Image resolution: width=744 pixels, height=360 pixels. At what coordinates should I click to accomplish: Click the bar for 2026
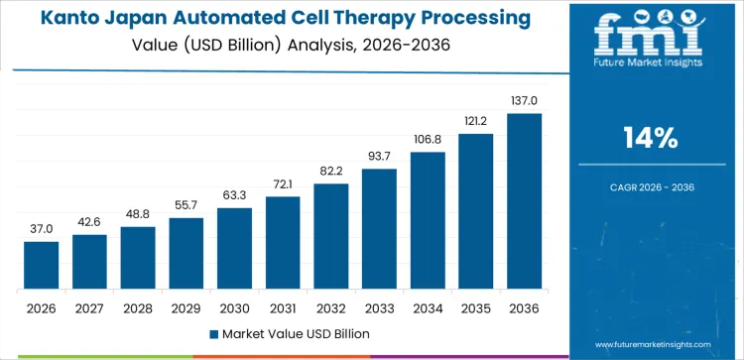42,266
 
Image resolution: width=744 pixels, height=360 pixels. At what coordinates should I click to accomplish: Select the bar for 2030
234,249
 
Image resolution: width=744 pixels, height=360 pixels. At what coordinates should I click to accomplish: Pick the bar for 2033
379,229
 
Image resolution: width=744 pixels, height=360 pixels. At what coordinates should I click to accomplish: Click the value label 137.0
524,101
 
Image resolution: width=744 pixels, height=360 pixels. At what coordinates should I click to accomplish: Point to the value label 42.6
89,222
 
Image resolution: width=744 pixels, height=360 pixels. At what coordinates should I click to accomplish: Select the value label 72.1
283,184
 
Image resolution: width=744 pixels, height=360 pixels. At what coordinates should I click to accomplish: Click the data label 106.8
428,140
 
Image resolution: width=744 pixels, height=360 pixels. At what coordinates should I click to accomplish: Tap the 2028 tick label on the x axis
138,307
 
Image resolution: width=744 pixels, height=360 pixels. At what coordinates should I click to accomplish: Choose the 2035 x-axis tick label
475,307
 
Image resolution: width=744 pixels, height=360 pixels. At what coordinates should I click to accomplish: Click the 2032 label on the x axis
330,307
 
